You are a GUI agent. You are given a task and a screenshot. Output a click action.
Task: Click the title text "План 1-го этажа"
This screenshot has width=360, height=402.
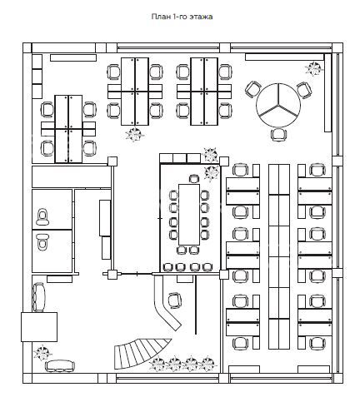coord(182,17)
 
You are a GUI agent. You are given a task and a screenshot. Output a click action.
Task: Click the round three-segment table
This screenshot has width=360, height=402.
coord(278,105)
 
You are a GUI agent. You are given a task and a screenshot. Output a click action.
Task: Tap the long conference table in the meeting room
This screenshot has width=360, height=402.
coord(189,215)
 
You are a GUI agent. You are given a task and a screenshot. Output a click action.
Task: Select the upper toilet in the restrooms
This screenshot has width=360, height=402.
coord(42,217)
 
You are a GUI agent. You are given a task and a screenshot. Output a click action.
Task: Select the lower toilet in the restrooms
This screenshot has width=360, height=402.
coord(42,241)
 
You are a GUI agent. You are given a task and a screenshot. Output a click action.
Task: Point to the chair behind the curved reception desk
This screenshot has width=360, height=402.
coord(175,300)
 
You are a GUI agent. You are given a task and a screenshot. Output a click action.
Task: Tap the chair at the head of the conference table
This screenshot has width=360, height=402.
coord(194,179)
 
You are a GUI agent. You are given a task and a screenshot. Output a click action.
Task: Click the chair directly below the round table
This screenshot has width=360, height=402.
coord(279,135)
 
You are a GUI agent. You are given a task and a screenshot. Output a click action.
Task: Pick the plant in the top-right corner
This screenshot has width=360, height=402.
coord(314,68)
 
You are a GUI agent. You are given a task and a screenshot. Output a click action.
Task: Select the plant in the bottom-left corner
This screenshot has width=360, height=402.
coord(42,353)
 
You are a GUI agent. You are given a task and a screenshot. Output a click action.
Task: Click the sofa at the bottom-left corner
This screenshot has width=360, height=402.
coord(60,366)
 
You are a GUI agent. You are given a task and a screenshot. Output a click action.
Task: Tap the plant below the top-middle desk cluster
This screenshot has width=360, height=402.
coord(135,135)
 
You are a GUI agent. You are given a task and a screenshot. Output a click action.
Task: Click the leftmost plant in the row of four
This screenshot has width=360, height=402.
coord(157,364)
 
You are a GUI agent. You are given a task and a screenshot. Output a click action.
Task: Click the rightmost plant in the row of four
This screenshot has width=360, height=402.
coord(207,364)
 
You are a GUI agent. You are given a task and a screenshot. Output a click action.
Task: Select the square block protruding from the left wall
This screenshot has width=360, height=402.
coord(39,327)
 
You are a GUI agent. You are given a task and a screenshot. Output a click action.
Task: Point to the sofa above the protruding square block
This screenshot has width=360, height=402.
coord(38,297)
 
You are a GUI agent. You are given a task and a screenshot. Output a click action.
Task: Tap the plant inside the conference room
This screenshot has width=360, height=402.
coord(212,173)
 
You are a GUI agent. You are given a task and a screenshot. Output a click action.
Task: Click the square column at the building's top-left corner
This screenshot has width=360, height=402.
coord(27,47)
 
